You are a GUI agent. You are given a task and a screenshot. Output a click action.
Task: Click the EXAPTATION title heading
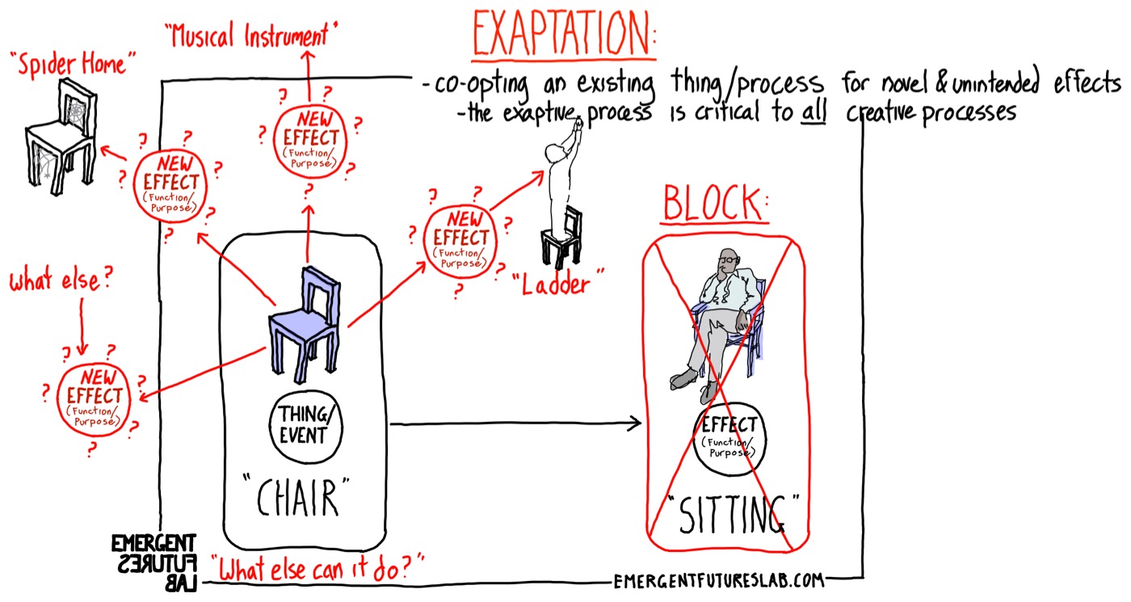click(x=565, y=34)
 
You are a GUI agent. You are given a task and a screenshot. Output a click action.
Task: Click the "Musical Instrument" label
click(x=251, y=35)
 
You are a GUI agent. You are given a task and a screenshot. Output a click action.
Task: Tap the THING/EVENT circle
click(x=303, y=425)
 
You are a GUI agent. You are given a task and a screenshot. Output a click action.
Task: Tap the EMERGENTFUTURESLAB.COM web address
click(x=719, y=579)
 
